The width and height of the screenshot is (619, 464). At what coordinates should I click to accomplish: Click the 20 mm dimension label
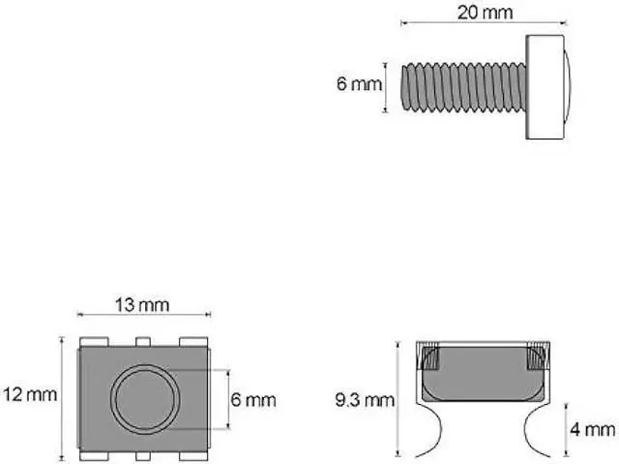pos(486,13)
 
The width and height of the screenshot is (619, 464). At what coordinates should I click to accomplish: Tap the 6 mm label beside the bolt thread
pos(358,84)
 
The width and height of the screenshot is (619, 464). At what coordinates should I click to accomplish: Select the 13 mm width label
pos(142,305)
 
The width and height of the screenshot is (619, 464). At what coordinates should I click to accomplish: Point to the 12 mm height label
pos(29,395)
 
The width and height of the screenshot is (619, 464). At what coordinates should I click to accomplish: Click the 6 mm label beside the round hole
pos(252,399)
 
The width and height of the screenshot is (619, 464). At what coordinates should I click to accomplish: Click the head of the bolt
pos(546,86)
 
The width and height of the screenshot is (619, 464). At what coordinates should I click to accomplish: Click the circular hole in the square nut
pos(144,398)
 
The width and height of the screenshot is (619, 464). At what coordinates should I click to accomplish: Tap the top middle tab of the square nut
pos(143,341)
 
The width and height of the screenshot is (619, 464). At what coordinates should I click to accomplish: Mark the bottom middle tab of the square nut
pos(143,454)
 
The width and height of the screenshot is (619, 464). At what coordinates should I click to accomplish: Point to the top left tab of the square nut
pos(95,341)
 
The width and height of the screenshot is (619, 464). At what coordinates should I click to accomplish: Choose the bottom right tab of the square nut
pos(192,454)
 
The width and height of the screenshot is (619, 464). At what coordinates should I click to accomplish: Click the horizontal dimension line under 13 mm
pos(143,315)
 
